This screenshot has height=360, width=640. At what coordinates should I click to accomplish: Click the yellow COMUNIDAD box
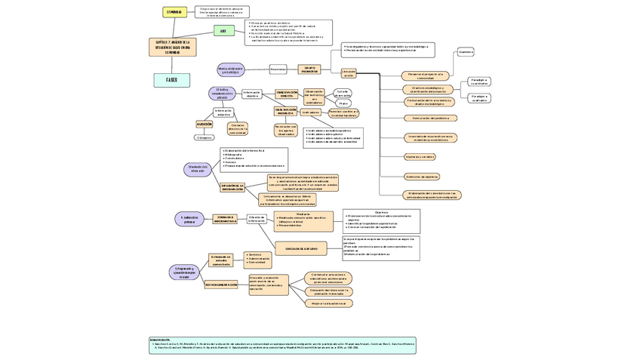(174, 12)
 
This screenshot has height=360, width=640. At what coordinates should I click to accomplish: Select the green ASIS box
(223, 31)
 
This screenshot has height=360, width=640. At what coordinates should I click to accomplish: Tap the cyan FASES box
(171, 80)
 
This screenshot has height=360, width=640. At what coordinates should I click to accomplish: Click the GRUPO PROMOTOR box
(309, 69)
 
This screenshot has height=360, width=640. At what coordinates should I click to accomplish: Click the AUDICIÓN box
(205, 124)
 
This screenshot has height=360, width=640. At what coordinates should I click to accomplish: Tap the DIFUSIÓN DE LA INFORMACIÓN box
(232, 187)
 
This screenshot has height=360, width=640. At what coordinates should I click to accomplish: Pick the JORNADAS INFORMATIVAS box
(225, 219)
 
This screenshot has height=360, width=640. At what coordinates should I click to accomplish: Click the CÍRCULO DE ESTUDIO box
(302, 248)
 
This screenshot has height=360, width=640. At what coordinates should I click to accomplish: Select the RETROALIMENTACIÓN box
(221, 285)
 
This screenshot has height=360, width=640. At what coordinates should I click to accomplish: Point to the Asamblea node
(466, 52)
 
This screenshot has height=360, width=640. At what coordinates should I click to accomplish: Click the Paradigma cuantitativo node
(479, 81)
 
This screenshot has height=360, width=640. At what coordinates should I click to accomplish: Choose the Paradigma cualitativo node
(479, 97)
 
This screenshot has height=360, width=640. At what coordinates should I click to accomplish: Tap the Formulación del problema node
(431, 118)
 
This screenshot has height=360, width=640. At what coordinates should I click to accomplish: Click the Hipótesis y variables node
(420, 157)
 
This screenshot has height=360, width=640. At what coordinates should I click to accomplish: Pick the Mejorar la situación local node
(328, 303)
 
